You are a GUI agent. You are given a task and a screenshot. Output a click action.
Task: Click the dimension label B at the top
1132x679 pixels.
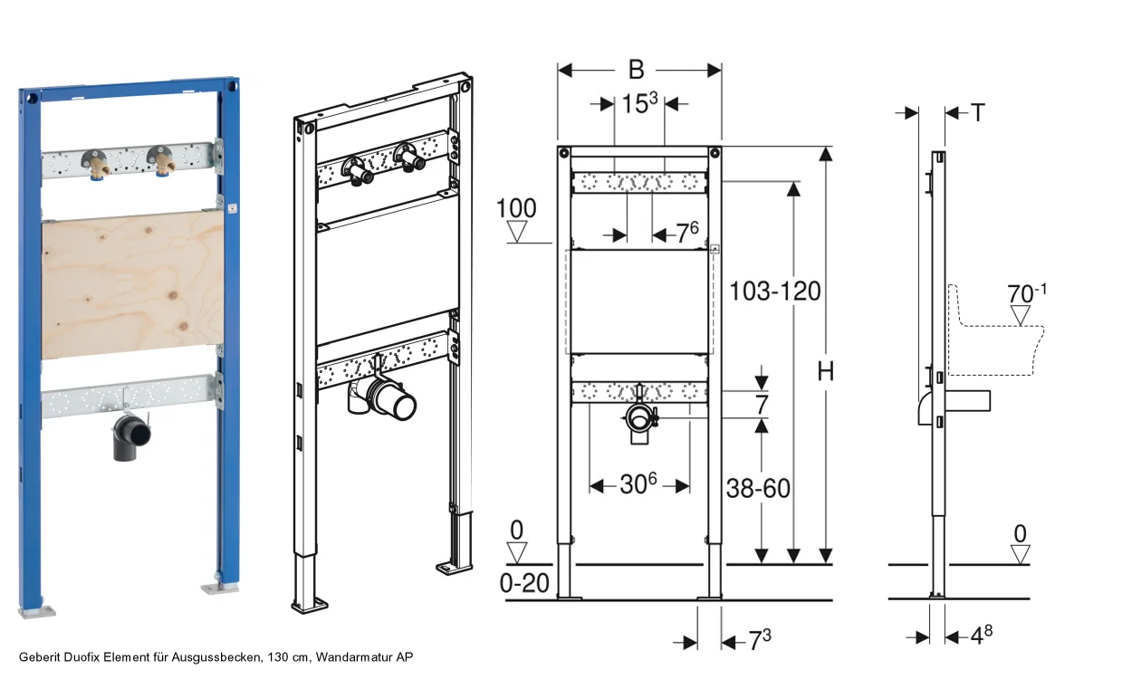(637, 70)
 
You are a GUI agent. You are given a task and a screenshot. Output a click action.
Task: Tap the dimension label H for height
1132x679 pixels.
(826, 372)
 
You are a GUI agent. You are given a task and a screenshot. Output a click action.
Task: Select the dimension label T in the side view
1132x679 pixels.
(978, 112)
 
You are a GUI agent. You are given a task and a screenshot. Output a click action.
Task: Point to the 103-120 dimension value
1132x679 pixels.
(774, 292)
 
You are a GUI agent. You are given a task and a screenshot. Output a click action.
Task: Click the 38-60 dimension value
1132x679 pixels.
(758, 489)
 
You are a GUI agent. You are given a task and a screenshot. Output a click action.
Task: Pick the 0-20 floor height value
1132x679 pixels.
(524, 583)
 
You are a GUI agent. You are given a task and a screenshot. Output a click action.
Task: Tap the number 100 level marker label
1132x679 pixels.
(516, 208)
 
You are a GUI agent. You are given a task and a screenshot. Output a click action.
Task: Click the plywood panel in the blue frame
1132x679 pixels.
(133, 285)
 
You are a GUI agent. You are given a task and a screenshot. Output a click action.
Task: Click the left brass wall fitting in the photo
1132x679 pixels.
(95, 163)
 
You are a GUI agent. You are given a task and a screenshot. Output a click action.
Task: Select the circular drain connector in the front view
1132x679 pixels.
(639, 418)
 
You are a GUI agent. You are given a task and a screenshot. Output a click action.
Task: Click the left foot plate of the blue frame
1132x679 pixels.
(37, 612)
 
